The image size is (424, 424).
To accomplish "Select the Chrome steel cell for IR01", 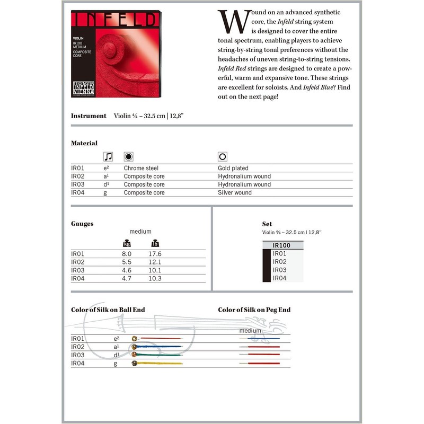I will coord(140,168).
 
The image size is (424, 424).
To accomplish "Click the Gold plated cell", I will coord(233,168).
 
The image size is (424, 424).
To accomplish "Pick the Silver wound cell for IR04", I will coord(234,192).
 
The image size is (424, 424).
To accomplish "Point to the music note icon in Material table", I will coord(108,157).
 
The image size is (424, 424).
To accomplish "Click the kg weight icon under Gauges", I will coord(127,243).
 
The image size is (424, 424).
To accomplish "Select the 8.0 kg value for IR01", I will coord(127,254).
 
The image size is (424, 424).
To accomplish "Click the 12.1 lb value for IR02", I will coord(155,262).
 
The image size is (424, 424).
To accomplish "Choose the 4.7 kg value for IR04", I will coord(127,278).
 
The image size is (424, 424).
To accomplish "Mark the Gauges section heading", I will coord(82,224).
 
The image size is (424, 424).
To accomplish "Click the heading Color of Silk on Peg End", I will coord(254,310).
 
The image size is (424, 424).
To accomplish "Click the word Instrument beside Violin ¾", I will coord(89,116).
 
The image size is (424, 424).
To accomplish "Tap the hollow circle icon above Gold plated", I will coord(222,157).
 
